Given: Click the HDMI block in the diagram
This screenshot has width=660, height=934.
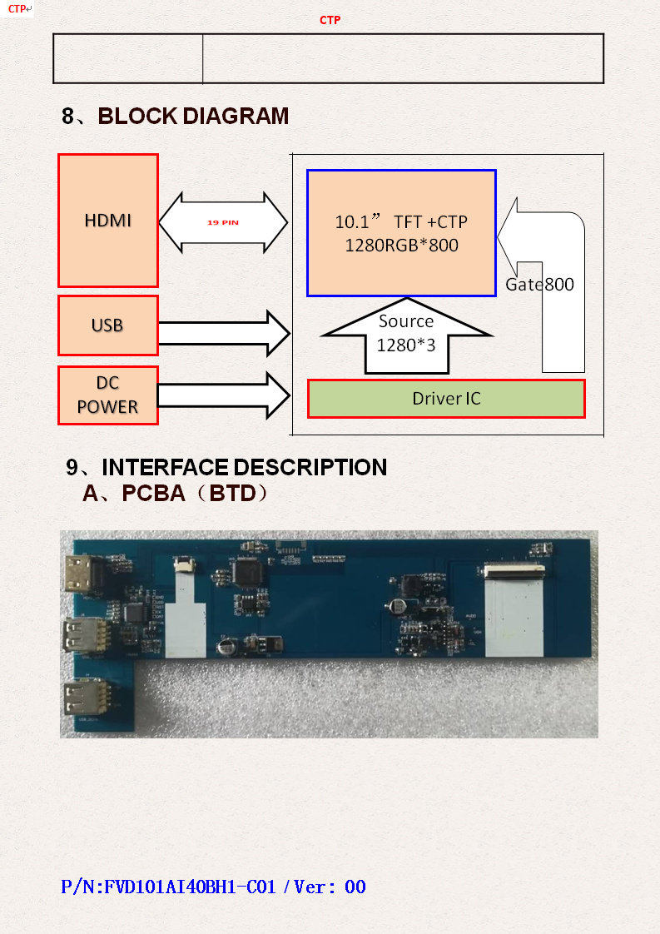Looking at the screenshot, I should pyautogui.click(x=108, y=221).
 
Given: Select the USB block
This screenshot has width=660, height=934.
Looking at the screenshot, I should pyautogui.click(x=108, y=325).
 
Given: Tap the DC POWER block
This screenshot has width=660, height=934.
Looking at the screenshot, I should pyautogui.click(x=108, y=395).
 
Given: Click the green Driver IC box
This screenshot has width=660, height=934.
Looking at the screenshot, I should pyautogui.click(x=446, y=399).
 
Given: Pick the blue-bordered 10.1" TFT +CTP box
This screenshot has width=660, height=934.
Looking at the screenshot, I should pyautogui.click(x=401, y=233).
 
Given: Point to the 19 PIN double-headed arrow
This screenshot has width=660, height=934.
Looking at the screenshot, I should pyautogui.click(x=223, y=223).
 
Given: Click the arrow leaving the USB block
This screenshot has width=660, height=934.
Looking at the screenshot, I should pyautogui.click(x=223, y=333).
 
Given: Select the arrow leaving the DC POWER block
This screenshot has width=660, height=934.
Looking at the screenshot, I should pyautogui.click(x=223, y=395).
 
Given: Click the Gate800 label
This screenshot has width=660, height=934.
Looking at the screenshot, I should pyautogui.click(x=540, y=285).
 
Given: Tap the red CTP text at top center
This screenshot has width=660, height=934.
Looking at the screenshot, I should pyautogui.click(x=330, y=20).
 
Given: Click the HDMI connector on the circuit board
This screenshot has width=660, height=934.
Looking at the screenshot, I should pyautogui.click(x=83, y=572).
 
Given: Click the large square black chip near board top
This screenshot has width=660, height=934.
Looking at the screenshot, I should pyautogui.click(x=247, y=570).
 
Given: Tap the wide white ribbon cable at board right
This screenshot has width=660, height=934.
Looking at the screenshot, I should pyautogui.click(x=514, y=614).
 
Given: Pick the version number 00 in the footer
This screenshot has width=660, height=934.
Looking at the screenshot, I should pyautogui.click(x=355, y=887).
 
